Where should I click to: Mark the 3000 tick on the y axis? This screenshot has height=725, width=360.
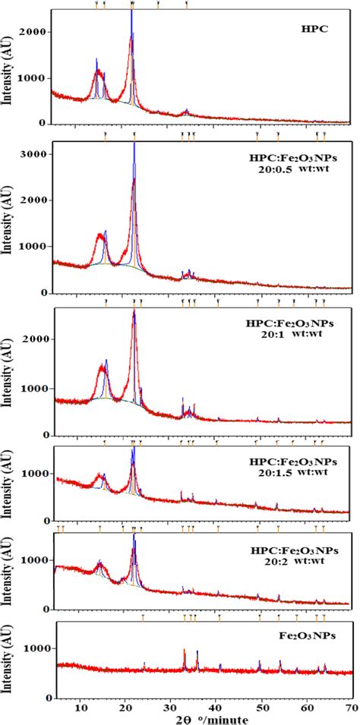[x=36, y=154]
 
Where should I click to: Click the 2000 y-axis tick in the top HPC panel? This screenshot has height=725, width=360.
[x=36, y=32]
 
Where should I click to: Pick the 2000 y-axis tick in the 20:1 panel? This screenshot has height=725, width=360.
[x=36, y=342]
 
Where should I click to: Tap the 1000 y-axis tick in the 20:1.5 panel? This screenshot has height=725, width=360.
[x=36, y=473]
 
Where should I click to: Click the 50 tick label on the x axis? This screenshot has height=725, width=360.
[x=261, y=708]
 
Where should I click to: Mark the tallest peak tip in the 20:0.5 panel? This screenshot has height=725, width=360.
[x=134, y=144]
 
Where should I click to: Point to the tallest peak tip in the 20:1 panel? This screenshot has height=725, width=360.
[x=134, y=310]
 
